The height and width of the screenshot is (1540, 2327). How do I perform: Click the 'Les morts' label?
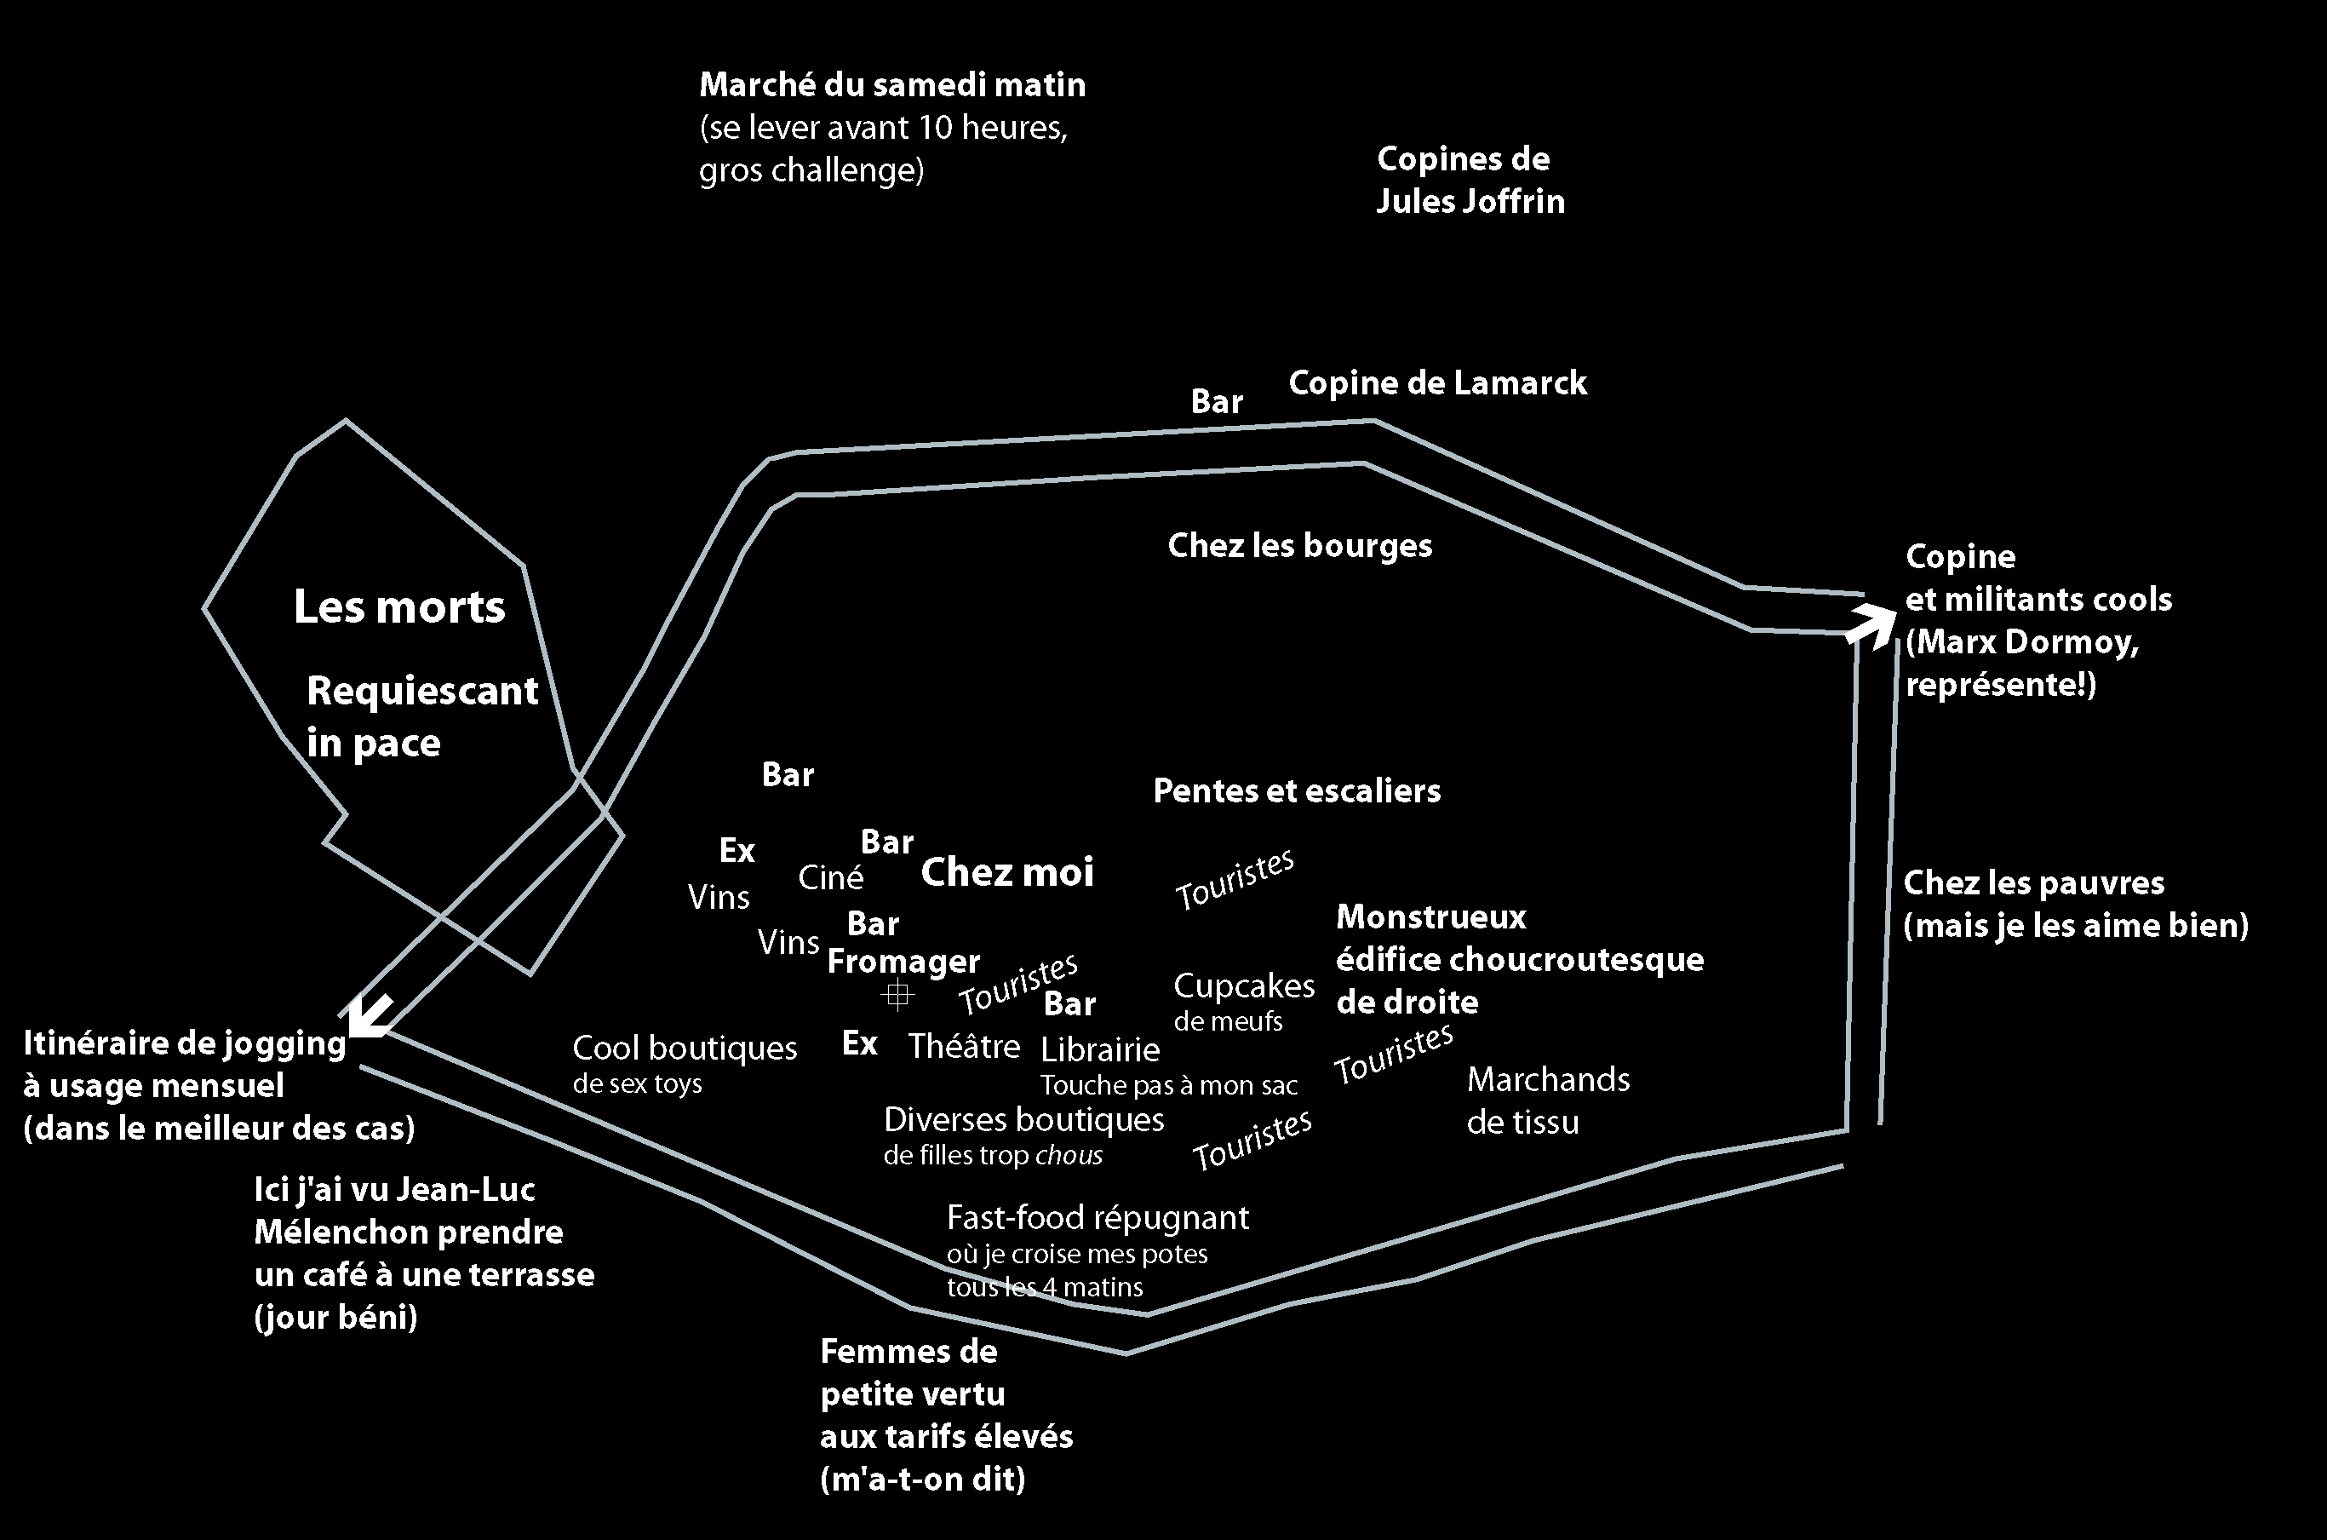point(399,607)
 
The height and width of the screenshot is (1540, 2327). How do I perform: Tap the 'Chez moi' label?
point(1006,872)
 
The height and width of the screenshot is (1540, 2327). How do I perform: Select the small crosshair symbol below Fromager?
point(897,995)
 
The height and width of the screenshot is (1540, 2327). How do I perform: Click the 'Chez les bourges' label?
point(1299,546)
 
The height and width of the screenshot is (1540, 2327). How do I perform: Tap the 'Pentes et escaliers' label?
point(1296,790)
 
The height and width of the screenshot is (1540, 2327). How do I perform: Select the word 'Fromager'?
point(903,961)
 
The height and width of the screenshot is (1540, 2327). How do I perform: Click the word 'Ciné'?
point(831,877)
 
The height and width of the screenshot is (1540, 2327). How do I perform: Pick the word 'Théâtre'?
point(963,1046)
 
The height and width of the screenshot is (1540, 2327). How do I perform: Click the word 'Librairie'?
point(1100,1049)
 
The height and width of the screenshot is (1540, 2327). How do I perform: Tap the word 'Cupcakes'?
point(1243,985)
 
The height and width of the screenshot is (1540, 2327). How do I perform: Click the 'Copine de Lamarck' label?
point(1436,383)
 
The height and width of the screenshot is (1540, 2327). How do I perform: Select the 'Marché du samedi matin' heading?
point(891,85)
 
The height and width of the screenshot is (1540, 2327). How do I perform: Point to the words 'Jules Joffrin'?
point(1470,201)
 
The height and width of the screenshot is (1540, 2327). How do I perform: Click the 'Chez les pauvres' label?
point(2033,883)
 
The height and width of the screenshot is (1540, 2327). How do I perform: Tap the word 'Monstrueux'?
point(1430,917)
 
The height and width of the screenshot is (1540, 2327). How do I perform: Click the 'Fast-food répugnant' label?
point(1097,1218)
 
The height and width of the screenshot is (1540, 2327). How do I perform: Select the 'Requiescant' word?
point(422,692)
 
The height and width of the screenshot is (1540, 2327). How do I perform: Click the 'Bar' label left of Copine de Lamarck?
point(1217,402)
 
